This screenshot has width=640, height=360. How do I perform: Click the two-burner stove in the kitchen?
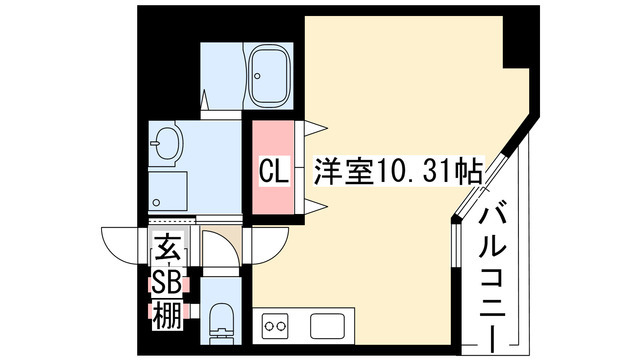tap(275, 325)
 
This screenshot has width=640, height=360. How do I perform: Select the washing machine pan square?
tap(167, 190)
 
